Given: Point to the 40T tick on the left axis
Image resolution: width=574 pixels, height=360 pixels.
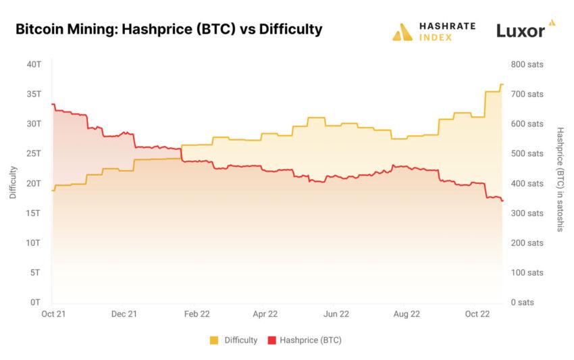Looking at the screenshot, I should point(34,64).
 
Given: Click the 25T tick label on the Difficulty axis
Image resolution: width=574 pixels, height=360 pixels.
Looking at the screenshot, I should point(34,153).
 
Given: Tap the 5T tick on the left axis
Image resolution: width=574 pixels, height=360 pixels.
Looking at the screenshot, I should point(36,272).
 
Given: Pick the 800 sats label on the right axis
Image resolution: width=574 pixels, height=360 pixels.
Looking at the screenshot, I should point(527,64).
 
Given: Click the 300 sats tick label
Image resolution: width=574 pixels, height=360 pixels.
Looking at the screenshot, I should point(527,213).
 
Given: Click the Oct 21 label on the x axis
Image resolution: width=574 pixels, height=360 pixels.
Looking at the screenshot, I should point(52,314).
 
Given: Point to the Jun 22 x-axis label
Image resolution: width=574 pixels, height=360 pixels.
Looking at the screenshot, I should point(336,314).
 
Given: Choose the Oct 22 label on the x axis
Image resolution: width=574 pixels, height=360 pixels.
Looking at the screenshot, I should point(477,314).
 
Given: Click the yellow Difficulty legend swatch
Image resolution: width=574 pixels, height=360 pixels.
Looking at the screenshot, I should point(215,340).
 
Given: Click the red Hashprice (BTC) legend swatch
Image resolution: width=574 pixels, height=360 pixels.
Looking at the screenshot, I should point(273,340).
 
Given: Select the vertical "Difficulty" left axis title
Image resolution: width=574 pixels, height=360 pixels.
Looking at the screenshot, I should point(14,182).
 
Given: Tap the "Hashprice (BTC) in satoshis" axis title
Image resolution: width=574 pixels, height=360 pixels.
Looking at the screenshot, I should point(560,179).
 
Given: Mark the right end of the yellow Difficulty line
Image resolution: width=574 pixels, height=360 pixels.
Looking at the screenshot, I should point(502,84).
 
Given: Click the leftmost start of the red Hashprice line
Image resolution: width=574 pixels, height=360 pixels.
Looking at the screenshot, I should point(52,105).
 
